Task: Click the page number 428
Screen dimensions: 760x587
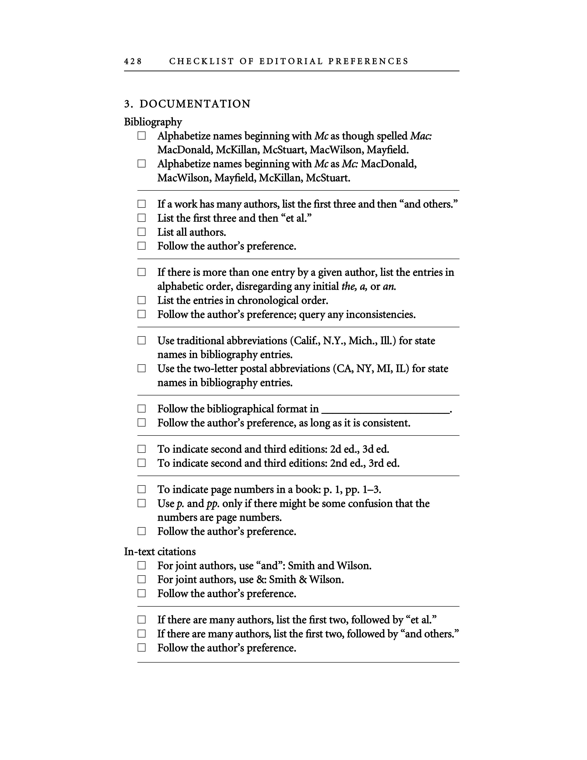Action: click(x=133, y=61)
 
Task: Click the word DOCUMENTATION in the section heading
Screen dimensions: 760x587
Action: click(x=195, y=104)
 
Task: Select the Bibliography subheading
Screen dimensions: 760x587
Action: click(x=153, y=122)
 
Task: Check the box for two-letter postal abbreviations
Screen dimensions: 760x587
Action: click(x=142, y=368)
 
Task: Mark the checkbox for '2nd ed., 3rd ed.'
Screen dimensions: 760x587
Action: click(x=142, y=463)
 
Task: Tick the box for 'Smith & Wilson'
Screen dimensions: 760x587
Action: click(x=142, y=579)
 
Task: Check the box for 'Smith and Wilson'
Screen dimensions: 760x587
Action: click(x=142, y=565)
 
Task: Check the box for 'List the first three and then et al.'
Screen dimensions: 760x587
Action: click(x=142, y=218)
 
